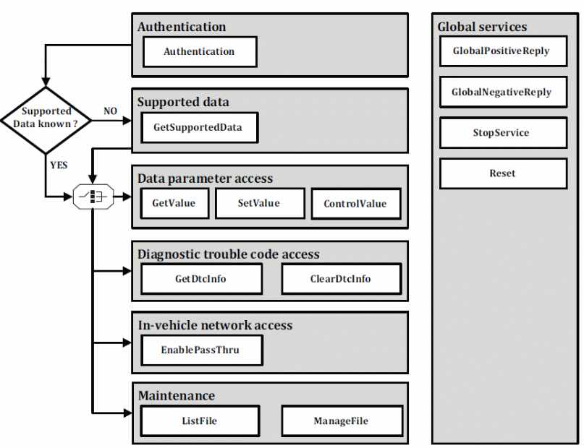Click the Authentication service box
point(200,52)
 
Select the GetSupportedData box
point(200,127)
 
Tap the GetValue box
point(174,203)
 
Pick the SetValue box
point(260,203)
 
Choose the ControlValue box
point(356,204)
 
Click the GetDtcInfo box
point(201,279)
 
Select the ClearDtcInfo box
point(342,279)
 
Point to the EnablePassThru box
point(202,350)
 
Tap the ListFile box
point(200,421)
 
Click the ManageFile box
point(342,421)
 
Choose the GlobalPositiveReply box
point(503,51)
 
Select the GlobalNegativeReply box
point(503,92)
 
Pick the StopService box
point(503,133)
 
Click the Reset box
point(503,173)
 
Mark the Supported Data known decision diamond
point(46,120)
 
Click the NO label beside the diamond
point(110,111)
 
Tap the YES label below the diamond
point(59,165)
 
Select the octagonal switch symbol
point(93,197)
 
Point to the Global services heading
point(482,27)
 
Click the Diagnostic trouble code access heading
point(228,254)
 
